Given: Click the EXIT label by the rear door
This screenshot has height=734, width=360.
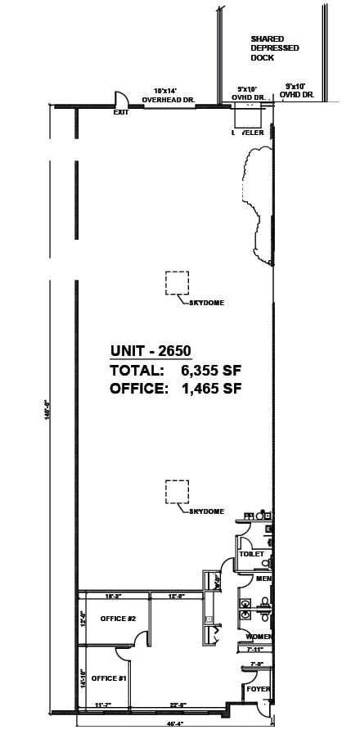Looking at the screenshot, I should (x=121, y=112).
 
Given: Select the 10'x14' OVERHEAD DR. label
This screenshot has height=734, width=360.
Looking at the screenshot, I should (x=168, y=95).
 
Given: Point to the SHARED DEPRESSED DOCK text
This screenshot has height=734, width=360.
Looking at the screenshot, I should (x=274, y=48).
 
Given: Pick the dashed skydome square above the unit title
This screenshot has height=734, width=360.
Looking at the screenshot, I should (x=177, y=282).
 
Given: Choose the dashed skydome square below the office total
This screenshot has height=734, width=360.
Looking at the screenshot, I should (x=177, y=492).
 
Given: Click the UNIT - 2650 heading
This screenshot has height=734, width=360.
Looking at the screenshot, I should (x=151, y=352).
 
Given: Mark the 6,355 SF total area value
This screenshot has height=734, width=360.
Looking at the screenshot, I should (x=211, y=371).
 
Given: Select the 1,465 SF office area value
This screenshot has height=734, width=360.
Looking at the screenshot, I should (x=211, y=389).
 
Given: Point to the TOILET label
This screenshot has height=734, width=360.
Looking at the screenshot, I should (x=252, y=554).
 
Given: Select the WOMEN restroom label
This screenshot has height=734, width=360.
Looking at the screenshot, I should (x=259, y=637).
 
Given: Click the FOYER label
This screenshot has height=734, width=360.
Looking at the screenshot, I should (x=258, y=690).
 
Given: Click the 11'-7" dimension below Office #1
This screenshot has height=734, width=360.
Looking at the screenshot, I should (x=102, y=705).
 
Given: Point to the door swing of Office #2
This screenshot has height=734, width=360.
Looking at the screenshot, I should (x=142, y=636).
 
